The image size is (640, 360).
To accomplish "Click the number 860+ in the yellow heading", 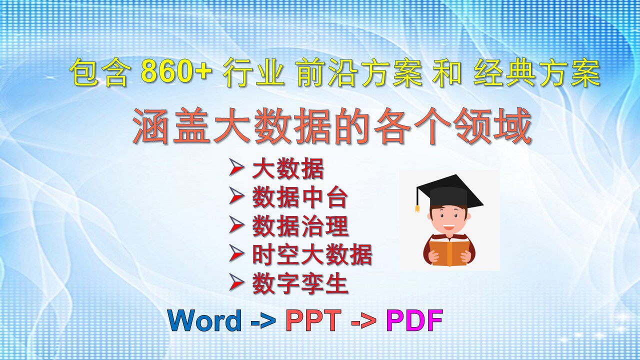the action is (176, 71).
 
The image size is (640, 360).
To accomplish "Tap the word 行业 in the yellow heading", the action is (253, 72).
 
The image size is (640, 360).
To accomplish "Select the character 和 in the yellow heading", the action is (447, 72).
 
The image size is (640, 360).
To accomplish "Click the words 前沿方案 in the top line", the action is (359, 72).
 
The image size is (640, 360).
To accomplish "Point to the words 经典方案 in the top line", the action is (537, 72).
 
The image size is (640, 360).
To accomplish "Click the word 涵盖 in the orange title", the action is (173, 125).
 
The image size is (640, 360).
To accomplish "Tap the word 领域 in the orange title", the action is (493, 125).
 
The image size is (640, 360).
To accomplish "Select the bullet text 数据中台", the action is (300, 197).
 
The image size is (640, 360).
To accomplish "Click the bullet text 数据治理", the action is (300, 226).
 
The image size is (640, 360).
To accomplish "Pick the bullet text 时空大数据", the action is (312, 254).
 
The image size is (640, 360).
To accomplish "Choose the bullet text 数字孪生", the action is (300, 283).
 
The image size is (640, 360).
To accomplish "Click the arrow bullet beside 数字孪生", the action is (237, 282).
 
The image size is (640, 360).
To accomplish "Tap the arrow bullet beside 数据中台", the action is (237, 196).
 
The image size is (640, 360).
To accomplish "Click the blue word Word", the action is (205, 320).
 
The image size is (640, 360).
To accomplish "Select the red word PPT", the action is (313, 320).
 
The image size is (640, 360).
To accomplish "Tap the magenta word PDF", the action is (414, 320).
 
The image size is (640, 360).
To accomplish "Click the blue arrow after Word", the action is (263, 321).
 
